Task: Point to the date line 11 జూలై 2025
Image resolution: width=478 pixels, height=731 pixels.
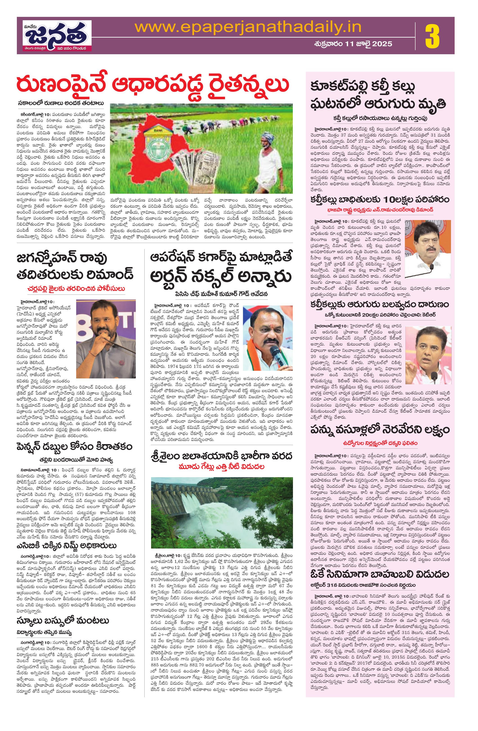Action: pyautogui.click(x=353, y=44)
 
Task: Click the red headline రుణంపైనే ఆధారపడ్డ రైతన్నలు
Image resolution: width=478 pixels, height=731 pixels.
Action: pyautogui.click(x=154, y=85)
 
